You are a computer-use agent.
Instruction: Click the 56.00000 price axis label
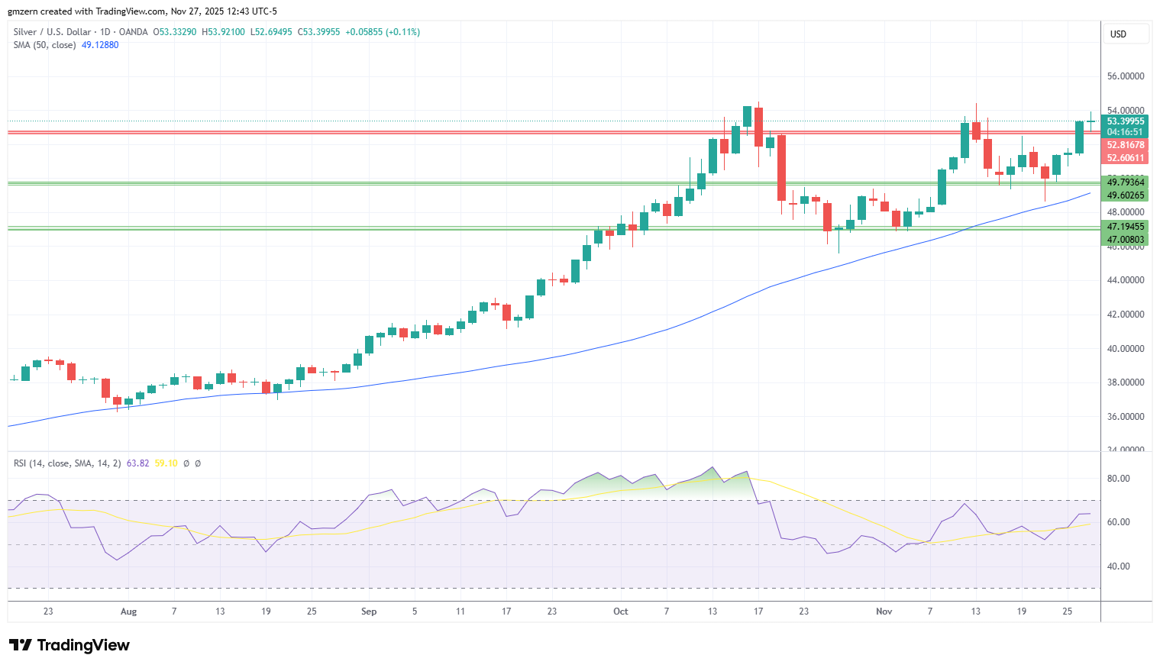(x=1126, y=76)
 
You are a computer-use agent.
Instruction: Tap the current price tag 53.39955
(x=1126, y=121)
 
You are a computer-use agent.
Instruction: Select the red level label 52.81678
(x=1126, y=145)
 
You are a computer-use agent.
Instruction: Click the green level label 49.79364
(x=1126, y=182)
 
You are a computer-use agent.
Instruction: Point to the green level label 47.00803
(x=1126, y=239)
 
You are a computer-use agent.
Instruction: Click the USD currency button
(x=1119, y=34)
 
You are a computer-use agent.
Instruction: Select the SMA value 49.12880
(x=100, y=45)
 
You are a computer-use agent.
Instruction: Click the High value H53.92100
(x=223, y=32)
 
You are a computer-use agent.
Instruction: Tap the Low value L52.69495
(x=271, y=32)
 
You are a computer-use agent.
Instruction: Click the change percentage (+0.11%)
(x=402, y=32)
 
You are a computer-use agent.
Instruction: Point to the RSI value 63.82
(x=137, y=463)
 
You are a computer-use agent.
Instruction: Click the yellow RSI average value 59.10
(x=166, y=463)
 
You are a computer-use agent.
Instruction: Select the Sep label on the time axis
(x=369, y=612)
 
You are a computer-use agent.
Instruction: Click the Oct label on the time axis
(x=620, y=612)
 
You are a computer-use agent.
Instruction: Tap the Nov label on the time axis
(x=884, y=612)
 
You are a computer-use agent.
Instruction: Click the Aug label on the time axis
(x=128, y=612)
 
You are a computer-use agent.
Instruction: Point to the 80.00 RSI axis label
(x=1119, y=479)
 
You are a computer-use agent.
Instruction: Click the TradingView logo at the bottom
(x=69, y=645)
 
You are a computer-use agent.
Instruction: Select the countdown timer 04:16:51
(x=1125, y=132)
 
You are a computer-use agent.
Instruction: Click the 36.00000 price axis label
(x=1126, y=417)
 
